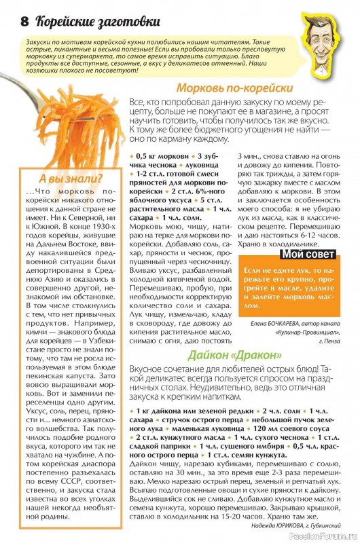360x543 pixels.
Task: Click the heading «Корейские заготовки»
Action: tap(92, 21)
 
